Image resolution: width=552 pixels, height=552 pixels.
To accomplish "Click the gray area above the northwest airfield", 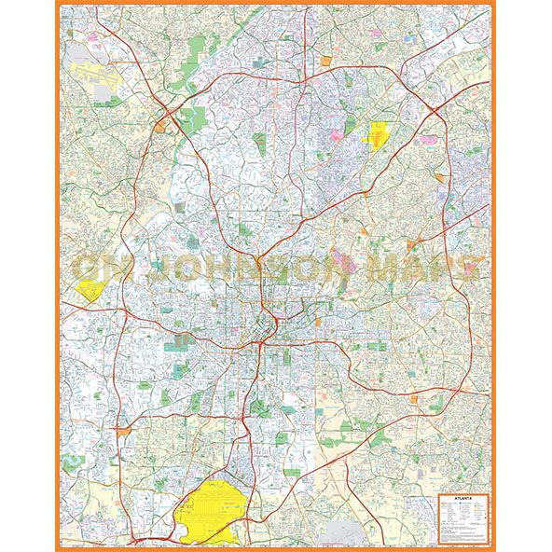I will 93,43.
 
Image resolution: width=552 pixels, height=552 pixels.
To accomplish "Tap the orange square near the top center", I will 325,60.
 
